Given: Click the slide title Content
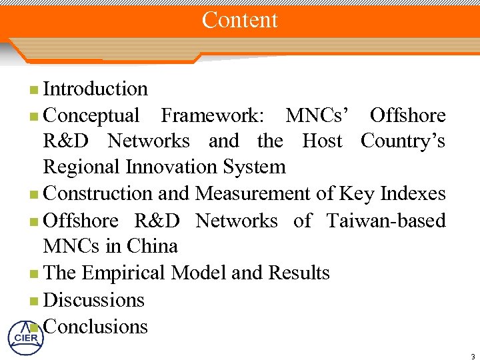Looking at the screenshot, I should click(240, 20).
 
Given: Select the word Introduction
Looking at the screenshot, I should click(95, 89).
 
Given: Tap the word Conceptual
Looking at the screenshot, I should click(91, 116).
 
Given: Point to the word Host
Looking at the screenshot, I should click(322, 141).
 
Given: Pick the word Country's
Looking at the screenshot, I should click(403, 141).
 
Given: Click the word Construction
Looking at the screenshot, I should click(98, 194).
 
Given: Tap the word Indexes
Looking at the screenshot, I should click(411, 194).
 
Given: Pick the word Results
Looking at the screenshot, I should click(299, 273).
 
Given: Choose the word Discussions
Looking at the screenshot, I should click(93, 300).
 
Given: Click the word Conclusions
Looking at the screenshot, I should click(95, 327).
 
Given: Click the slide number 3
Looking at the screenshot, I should click(471, 354).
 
